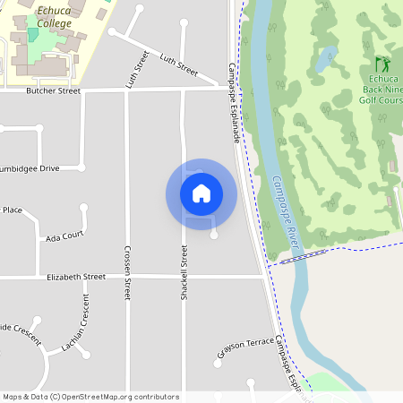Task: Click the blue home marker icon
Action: point(201,193)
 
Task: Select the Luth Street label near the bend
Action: point(178,64)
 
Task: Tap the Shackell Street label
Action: point(184,272)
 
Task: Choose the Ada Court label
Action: point(64,236)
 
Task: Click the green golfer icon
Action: point(382,64)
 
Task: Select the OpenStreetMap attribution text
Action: point(90,397)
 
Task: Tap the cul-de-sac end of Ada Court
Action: point(84,208)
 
